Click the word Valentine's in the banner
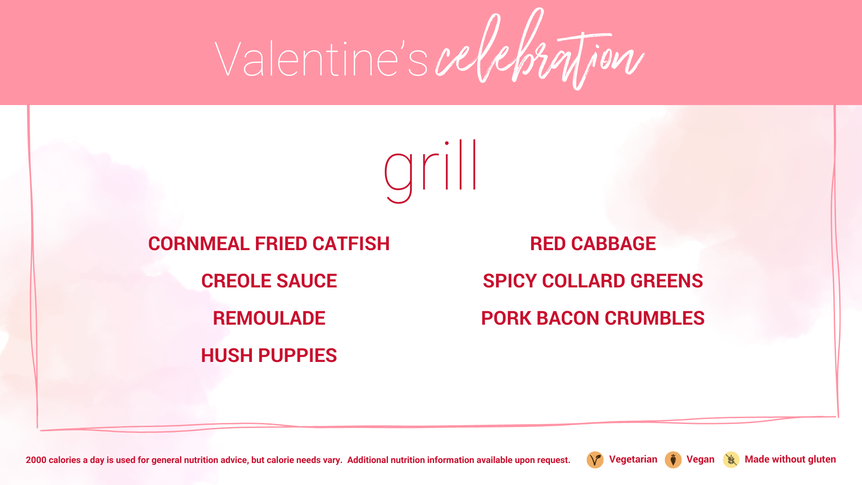coord(321,59)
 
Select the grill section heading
coord(430,171)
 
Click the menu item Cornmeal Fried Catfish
coord(269,244)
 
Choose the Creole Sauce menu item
coord(269,281)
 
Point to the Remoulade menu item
coord(269,318)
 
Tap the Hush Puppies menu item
coord(269,356)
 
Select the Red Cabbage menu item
coord(593,244)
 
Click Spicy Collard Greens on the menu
coord(593,281)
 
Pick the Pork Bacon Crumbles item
coord(593,318)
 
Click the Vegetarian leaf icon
coord(595,460)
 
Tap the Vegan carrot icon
coord(673,460)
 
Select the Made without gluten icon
coord(731,460)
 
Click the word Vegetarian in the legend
coord(633,459)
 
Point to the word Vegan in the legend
coord(700,459)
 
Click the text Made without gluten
coord(790,459)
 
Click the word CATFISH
coord(351,244)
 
